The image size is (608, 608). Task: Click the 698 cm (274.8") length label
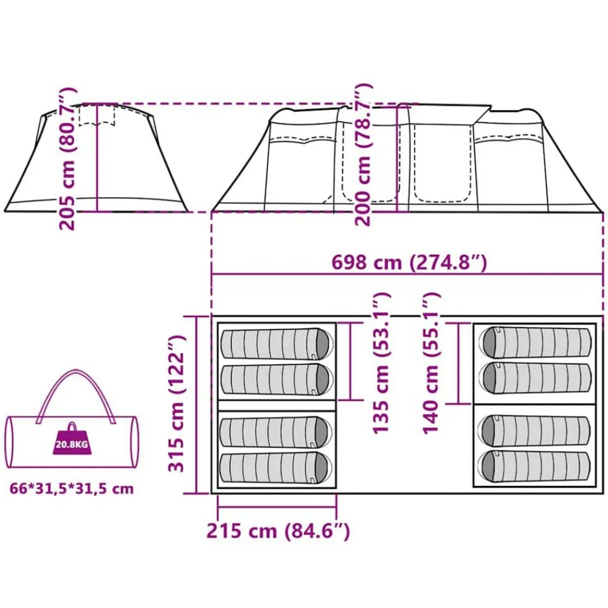(x=409, y=263)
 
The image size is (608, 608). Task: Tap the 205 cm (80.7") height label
(x=67, y=159)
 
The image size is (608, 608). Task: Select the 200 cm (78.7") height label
(x=364, y=154)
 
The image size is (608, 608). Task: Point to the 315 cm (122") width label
(x=176, y=403)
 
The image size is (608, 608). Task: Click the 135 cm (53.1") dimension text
(x=381, y=362)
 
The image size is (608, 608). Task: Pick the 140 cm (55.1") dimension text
(x=431, y=362)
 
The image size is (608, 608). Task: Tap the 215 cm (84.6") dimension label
(x=278, y=531)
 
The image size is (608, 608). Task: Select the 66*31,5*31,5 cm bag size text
(x=72, y=489)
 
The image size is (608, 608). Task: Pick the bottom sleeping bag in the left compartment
(x=275, y=468)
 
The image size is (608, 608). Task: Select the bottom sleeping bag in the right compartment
(x=534, y=466)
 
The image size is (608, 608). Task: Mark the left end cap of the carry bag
(x=10, y=443)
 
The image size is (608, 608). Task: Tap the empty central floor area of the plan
(x=404, y=446)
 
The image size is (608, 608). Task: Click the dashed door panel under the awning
(x=441, y=163)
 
